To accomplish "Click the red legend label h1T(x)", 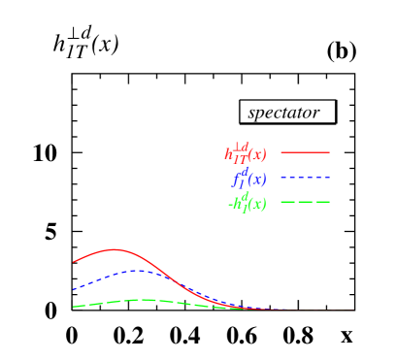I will point(245,152).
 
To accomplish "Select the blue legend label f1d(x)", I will point(248,178).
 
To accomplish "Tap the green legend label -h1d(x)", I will point(247,203).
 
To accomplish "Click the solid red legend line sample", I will point(305,152).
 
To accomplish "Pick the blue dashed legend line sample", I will point(305,178).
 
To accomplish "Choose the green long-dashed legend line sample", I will point(305,203).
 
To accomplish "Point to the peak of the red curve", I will point(116,249).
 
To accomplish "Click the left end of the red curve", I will point(73,262).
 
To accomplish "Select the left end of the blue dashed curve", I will point(73,289).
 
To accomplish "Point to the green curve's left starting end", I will point(73,307).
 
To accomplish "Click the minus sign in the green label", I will point(229,205).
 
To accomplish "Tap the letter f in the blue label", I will point(236,180).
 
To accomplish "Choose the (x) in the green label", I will point(257,205).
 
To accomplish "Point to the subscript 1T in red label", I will point(239,158).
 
